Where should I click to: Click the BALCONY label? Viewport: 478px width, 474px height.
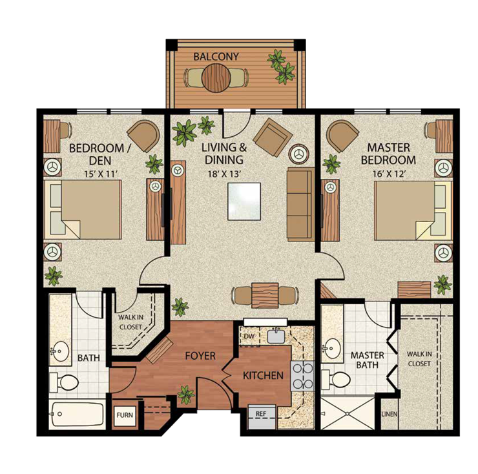pyautogui.click(x=216, y=57)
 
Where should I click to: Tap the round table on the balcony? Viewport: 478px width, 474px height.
pyautogui.click(x=215, y=79)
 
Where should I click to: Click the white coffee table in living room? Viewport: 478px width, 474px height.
pyautogui.click(x=244, y=201)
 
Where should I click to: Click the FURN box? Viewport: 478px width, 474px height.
pyautogui.click(x=124, y=416)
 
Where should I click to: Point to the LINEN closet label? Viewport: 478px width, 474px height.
pyautogui.click(x=389, y=414)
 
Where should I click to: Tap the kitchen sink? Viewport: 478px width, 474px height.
pyautogui.click(x=276, y=335)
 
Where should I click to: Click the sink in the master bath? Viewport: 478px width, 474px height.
pyautogui.click(x=332, y=347)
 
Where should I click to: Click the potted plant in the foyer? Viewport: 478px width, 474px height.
pyautogui.click(x=186, y=393)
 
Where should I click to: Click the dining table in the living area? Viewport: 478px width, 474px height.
pyautogui.click(x=265, y=295)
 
